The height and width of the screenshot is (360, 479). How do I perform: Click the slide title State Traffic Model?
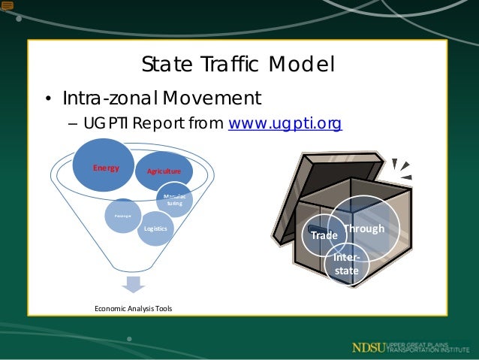238,65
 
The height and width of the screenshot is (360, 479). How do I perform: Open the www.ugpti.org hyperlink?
285,123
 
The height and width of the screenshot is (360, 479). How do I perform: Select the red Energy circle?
106,165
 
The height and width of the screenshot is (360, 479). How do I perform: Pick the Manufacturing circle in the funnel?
175,200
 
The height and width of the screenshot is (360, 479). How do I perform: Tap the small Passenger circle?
122,216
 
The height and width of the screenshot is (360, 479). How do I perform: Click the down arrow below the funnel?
133,284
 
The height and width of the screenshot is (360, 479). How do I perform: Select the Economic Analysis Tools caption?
133,308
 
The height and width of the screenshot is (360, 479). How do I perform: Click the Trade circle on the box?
324,235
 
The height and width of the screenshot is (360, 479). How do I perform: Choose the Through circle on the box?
365,228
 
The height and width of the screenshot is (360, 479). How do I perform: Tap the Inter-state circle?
347,264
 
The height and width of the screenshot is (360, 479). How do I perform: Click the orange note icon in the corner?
8,6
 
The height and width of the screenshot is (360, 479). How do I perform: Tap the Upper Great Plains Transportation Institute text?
427,347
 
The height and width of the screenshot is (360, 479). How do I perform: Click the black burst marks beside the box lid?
402,171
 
